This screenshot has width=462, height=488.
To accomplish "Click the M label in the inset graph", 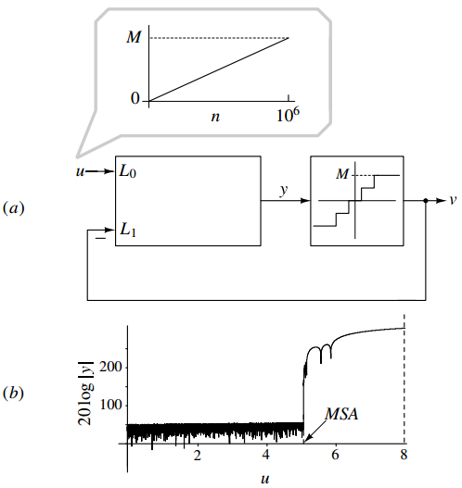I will (135, 38).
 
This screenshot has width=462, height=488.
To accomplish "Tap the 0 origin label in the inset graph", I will (135, 98).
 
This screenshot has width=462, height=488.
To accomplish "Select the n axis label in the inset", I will (216, 119).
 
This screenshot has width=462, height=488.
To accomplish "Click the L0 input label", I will (128, 172).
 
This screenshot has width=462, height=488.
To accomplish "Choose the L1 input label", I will (128, 229).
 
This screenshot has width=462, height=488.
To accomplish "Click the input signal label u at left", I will (78, 171).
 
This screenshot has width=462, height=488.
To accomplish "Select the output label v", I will (452, 200).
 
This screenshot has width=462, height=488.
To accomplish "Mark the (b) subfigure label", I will (15, 393).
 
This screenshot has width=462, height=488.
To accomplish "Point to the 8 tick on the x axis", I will (404, 456).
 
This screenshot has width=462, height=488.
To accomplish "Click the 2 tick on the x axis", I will (198, 456).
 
